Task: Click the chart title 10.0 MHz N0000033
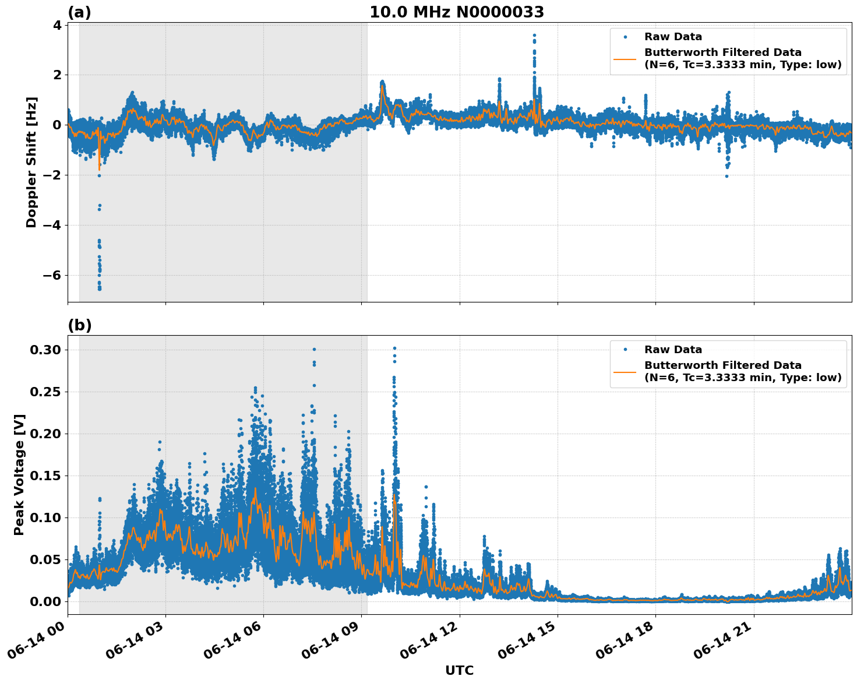point(457,12)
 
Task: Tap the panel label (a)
point(79,12)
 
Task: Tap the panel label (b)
point(79,325)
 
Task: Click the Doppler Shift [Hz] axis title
point(31,162)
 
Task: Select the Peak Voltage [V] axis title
point(19,474)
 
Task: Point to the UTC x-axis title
point(459,670)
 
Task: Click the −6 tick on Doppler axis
point(50,275)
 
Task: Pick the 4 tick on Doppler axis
point(57,25)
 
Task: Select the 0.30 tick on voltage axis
point(45,350)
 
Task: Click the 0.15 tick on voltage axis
point(45,476)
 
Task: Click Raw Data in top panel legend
point(673,37)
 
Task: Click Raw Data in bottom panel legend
point(673,350)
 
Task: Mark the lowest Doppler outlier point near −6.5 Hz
point(100,288)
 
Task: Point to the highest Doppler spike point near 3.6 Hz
point(534,36)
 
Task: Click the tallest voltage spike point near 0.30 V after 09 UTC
point(394,348)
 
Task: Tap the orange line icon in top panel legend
point(625,58)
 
